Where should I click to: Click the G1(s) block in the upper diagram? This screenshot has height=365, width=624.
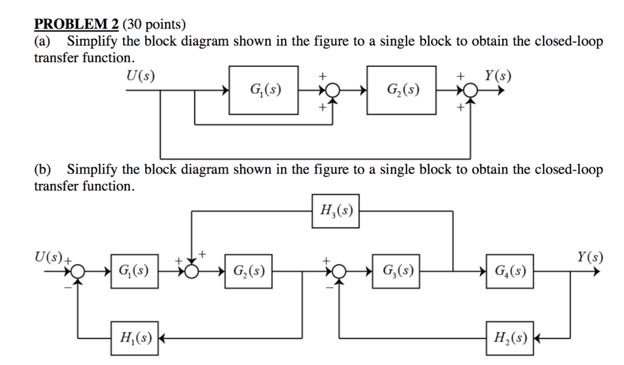265,91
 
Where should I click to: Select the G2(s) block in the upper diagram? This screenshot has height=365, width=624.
402,91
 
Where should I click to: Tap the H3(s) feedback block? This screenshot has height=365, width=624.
335,211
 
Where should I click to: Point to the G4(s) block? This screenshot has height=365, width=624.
510,269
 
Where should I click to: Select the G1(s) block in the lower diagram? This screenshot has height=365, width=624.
132,269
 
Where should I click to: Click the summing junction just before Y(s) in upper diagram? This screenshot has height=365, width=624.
470,91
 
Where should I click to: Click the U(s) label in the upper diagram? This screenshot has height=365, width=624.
140,76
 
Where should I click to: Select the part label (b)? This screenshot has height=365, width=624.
43,169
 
